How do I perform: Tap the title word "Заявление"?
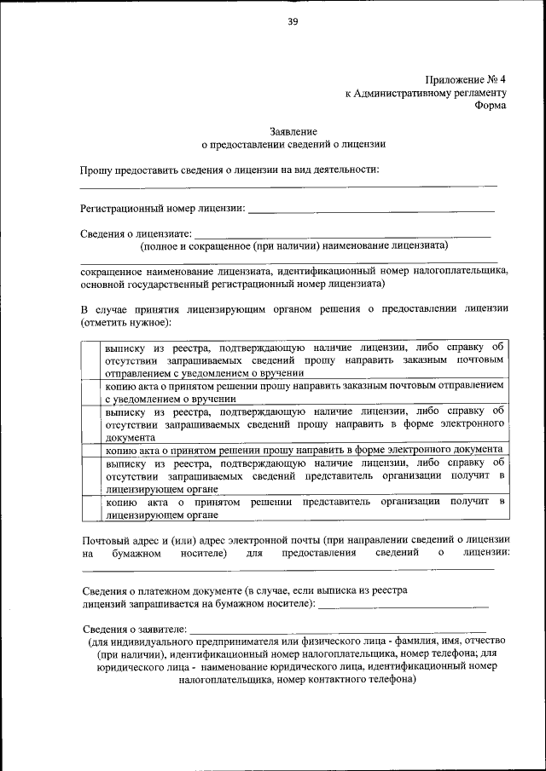coord(293,131)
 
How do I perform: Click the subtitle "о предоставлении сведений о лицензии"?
coord(293,145)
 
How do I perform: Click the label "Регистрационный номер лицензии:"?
coord(163,208)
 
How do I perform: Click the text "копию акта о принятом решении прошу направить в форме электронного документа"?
coord(303,450)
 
